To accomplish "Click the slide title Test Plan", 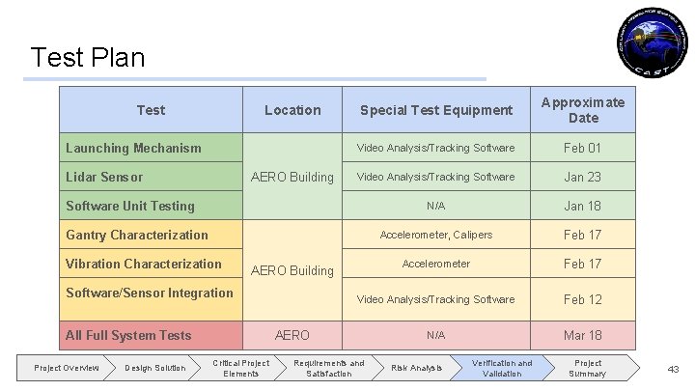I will click(x=88, y=58).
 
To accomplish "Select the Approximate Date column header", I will click(x=582, y=110).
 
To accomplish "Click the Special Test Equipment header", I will click(x=435, y=110).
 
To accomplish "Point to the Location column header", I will click(x=292, y=110).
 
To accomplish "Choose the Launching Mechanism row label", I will click(x=133, y=148).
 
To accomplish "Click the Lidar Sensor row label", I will click(x=104, y=177).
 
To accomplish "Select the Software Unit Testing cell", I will click(x=130, y=206).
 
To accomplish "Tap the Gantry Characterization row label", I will click(x=137, y=235).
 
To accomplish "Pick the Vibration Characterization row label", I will click(x=144, y=264).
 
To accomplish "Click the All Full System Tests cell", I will click(x=128, y=335).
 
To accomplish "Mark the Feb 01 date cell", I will click(x=582, y=148).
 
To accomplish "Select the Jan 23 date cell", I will click(x=582, y=177).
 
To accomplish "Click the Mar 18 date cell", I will click(x=582, y=335).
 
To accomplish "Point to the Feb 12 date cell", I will click(x=582, y=299).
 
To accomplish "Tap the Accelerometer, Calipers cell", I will click(x=435, y=235).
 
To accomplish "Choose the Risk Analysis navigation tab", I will click(x=416, y=368).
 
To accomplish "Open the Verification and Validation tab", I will click(x=501, y=368).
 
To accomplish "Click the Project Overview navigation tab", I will click(x=67, y=368).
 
